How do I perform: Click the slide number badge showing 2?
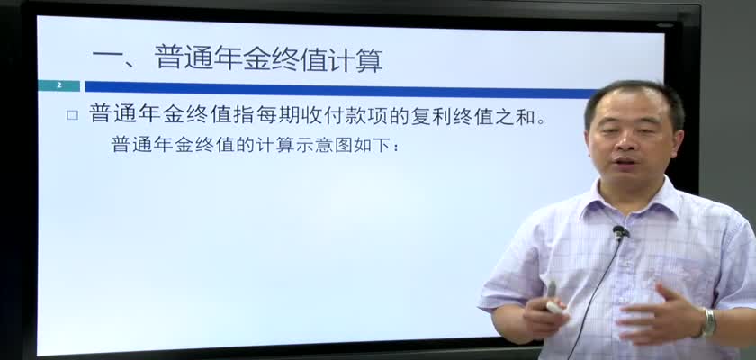(x=58, y=85)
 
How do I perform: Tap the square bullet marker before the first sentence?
(x=72, y=115)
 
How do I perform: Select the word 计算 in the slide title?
(x=355, y=59)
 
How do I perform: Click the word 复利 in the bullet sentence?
(x=431, y=116)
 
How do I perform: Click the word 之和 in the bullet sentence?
(x=517, y=116)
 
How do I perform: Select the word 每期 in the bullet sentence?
(x=282, y=116)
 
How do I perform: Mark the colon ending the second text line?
(x=396, y=147)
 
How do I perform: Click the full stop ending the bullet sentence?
(x=542, y=121)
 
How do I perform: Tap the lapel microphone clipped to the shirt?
(x=620, y=233)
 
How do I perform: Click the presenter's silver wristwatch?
(x=707, y=322)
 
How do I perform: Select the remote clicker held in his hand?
(x=554, y=300)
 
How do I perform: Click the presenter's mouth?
(x=625, y=161)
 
